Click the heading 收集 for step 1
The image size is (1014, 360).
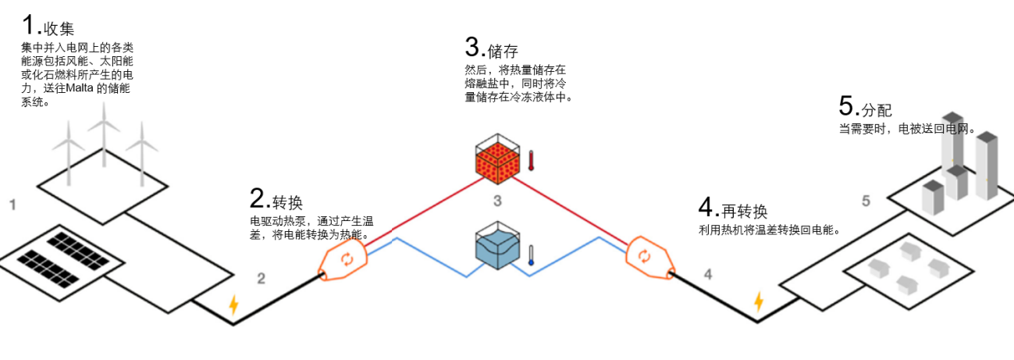(x=59, y=30)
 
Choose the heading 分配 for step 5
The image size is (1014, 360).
(x=877, y=109)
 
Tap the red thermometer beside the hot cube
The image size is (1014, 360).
(x=531, y=161)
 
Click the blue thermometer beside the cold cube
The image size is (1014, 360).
(x=531, y=255)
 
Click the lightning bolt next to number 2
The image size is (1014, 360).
(x=233, y=305)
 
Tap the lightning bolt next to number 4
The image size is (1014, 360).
(x=757, y=302)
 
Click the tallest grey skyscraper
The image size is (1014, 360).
(x=987, y=175)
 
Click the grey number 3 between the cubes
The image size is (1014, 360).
(x=497, y=201)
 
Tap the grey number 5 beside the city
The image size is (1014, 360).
(x=866, y=201)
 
